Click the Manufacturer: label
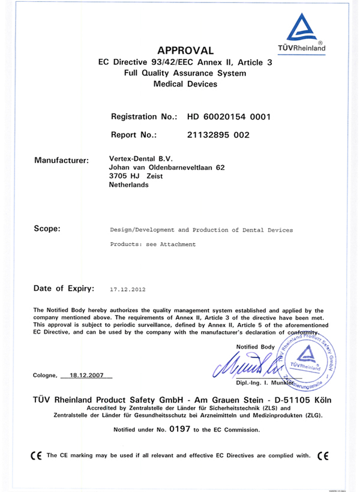62,160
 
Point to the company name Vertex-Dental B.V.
136,158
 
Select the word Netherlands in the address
128,185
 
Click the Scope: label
47,229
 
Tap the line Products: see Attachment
153,245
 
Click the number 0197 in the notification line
180,429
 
